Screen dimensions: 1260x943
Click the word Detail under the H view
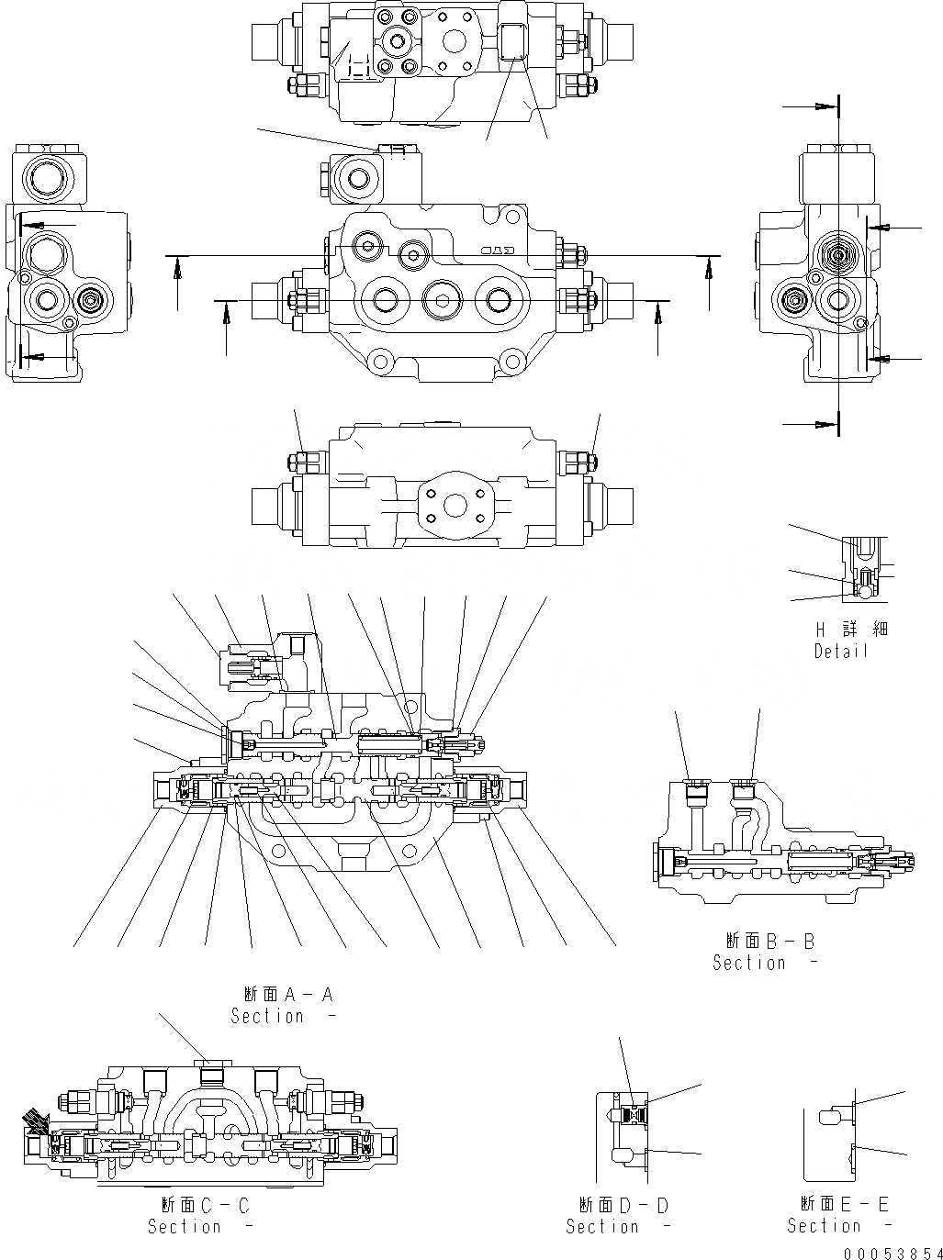(840, 651)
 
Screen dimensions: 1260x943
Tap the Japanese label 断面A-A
(288, 995)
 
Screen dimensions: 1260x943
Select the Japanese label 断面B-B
(769, 941)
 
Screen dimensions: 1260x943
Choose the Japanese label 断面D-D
(623, 1205)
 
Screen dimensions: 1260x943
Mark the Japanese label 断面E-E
(844, 1204)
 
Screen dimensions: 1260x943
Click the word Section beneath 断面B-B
(749, 963)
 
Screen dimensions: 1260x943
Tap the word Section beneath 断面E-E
(824, 1226)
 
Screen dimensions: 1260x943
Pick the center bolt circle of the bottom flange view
(452, 506)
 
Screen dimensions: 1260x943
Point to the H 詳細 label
(840, 630)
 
